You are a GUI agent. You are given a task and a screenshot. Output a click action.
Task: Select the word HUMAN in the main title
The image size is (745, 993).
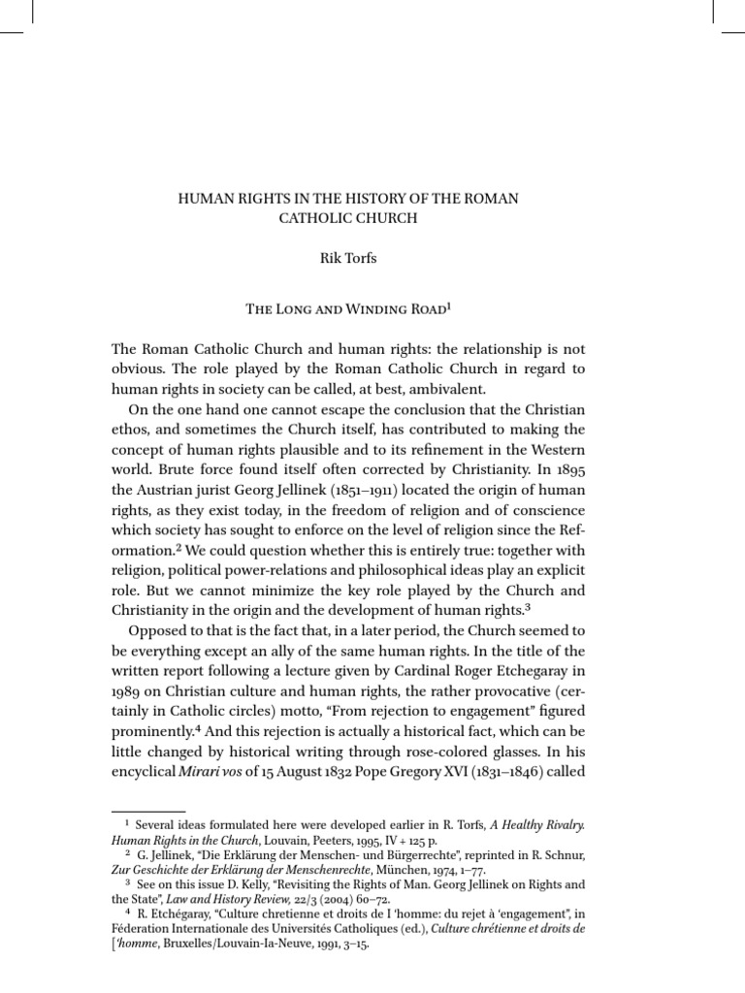pos(202,198)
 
